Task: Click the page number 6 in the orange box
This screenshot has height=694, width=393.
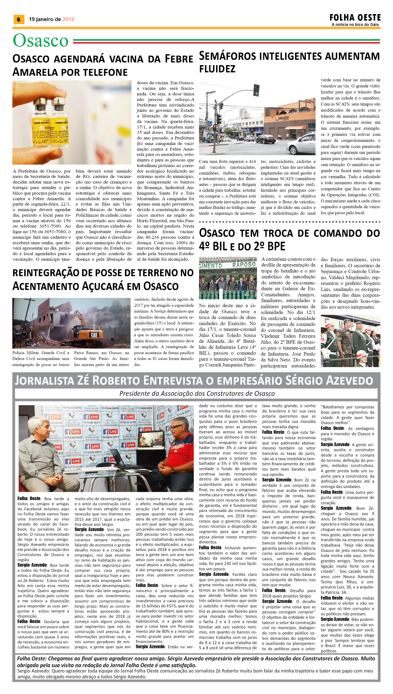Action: [19, 19]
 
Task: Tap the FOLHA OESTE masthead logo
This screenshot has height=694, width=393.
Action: [355, 18]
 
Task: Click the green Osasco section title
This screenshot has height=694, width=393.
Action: [41, 41]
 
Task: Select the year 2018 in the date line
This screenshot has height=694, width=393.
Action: [68, 19]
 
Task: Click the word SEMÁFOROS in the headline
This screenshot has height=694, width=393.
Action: [227, 56]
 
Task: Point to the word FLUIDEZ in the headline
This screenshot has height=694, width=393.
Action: [217, 69]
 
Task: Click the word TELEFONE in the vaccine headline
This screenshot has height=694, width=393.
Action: [105, 72]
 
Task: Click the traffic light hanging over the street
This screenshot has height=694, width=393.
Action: [256, 90]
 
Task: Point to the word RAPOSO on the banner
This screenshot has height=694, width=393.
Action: [244, 265]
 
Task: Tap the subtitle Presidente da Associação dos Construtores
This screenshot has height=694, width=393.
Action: [197, 394]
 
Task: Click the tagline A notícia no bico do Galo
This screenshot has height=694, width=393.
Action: [355, 24]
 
